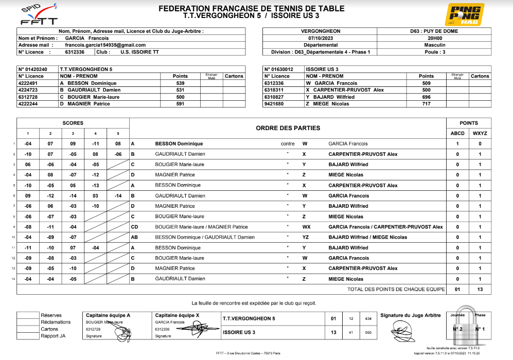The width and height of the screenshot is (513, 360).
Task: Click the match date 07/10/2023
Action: click(x=320, y=38)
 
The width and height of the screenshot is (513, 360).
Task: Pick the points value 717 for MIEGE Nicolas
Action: click(x=426, y=104)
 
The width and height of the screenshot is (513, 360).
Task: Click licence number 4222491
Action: click(x=31, y=83)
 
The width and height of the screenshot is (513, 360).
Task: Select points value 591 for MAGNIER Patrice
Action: click(x=180, y=104)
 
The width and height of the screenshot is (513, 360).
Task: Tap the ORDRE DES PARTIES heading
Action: click(x=288, y=128)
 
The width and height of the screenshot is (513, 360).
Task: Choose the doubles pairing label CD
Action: click(x=134, y=227)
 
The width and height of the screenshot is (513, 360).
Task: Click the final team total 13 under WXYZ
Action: click(x=480, y=290)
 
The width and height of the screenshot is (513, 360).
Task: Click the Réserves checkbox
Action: click(x=28, y=315)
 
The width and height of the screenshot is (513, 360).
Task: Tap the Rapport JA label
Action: click(x=53, y=336)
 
